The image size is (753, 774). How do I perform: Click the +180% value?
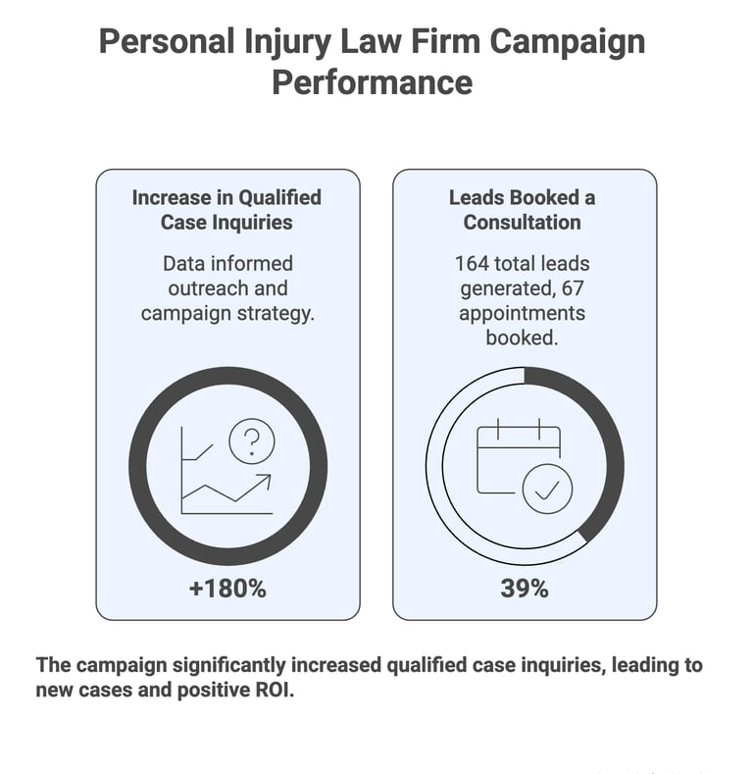tap(227, 589)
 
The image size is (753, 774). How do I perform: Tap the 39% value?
tap(525, 589)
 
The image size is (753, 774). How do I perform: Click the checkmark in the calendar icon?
tap(547, 488)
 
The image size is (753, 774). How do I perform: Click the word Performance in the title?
tap(372, 82)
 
